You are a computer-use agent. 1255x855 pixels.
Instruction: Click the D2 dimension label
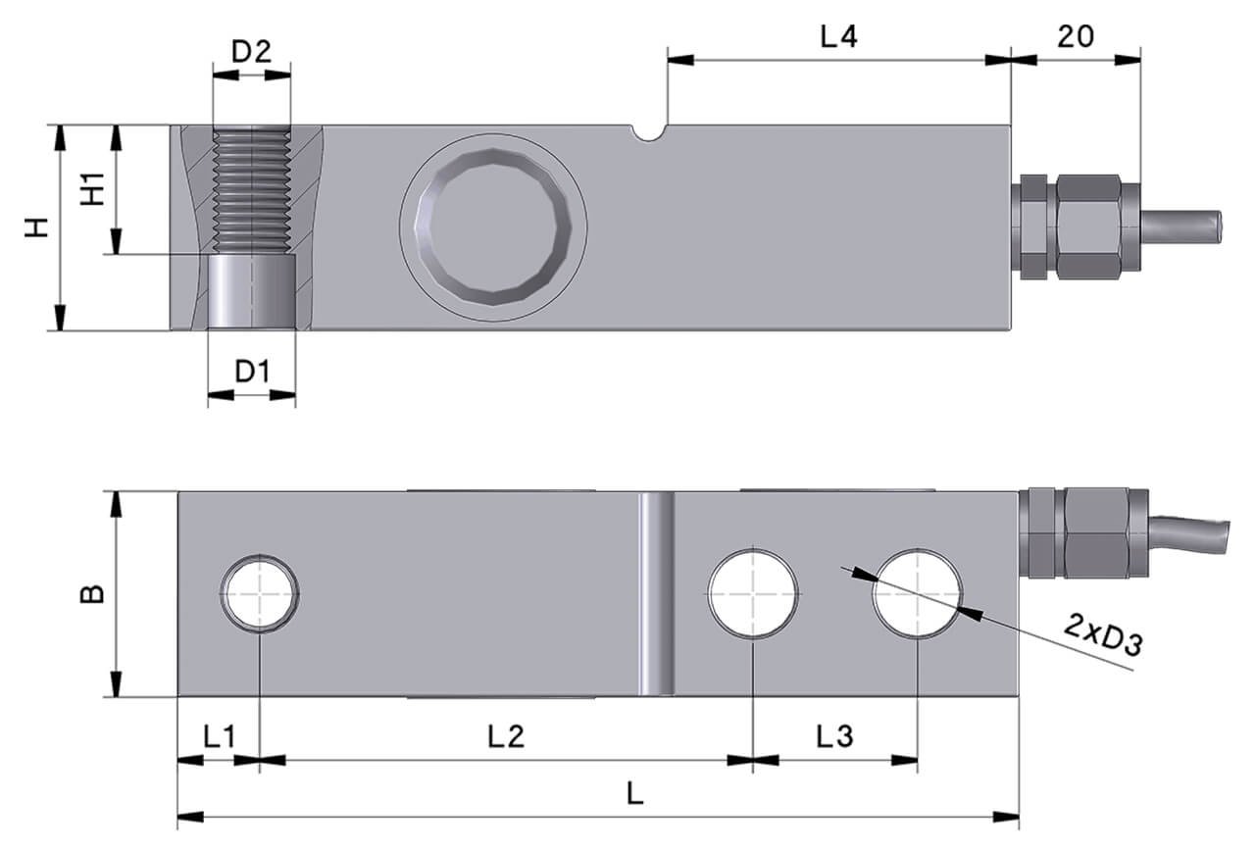[251, 51]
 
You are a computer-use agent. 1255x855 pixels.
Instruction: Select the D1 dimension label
[252, 372]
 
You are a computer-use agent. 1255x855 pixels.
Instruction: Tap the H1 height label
[92, 188]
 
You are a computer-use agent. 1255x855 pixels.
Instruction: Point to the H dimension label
[37, 227]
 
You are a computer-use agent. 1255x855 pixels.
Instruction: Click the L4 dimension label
[838, 37]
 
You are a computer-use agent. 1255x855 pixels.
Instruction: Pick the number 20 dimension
[1076, 36]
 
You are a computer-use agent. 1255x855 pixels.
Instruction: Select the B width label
[91, 594]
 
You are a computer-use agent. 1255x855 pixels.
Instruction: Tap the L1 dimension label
[220, 735]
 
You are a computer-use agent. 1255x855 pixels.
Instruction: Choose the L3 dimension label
[834, 735]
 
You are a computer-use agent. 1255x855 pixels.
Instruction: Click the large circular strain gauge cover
[493, 226]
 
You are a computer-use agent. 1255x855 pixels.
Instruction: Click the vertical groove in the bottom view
[656, 594]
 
